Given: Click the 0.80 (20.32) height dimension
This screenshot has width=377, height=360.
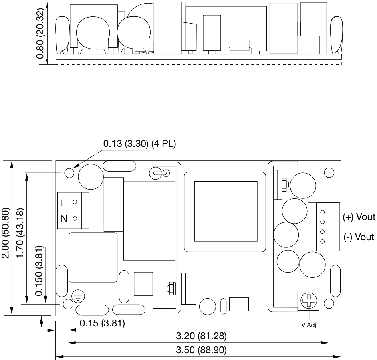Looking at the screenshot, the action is tap(40, 33).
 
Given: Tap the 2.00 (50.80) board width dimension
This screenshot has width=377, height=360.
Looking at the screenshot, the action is tap(5, 233).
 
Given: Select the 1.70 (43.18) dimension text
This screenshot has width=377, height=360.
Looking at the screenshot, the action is tap(20, 233).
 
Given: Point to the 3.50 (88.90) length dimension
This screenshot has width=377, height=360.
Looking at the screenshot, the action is tap(201, 350).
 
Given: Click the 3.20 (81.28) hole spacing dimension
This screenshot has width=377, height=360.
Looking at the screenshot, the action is tap(201, 336).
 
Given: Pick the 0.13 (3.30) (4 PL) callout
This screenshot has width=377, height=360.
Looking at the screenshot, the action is tap(140, 144).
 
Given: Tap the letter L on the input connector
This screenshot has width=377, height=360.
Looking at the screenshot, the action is tap(63, 203).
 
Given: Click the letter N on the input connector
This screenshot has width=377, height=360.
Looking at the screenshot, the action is tap(64, 219).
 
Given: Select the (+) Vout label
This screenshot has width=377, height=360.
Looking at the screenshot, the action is tap(359, 217).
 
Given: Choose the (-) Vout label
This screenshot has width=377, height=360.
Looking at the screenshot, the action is tap(359, 237).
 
